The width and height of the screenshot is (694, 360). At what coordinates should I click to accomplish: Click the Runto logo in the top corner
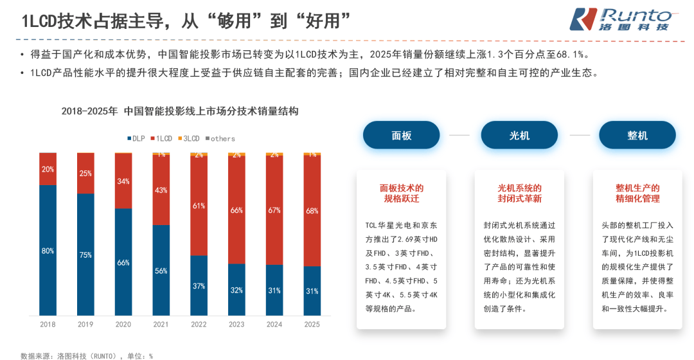click(x=621, y=20)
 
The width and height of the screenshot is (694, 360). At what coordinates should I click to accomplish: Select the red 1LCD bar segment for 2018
click(x=48, y=169)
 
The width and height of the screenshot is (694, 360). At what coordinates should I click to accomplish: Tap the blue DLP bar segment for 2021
click(x=161, y=270)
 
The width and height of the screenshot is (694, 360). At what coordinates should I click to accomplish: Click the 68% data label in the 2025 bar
click(x=312, y=211)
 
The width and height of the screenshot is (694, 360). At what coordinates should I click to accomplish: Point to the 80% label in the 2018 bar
click(x=48, y=251)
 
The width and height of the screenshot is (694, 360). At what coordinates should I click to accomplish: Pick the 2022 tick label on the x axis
click(x=199, y=325)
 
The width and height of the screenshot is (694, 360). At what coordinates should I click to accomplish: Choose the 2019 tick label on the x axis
click(x=85, y=325)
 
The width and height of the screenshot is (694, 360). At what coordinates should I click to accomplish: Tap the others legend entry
click(x=220, y=138)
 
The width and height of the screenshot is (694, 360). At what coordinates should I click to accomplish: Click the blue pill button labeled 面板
click(x=401, y=135)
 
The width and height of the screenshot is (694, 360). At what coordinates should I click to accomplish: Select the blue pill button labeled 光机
click(x=519, y=135)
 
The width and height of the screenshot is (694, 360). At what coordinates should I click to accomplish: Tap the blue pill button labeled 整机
click(x=637, y=135)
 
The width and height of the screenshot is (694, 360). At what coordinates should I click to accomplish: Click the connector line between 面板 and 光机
click(x=459, y=135)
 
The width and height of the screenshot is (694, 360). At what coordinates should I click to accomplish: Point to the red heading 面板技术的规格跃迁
click(x=401, y=194)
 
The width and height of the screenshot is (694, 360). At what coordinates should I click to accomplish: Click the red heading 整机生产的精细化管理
click(x=637, y=194)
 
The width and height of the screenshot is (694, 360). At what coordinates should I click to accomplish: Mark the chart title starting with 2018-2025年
click(x=180, y=111)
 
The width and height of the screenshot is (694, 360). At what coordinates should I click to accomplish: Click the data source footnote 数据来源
click(x=87, y=355)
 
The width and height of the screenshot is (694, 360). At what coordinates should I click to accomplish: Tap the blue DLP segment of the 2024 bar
click(x=274, y=290)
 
